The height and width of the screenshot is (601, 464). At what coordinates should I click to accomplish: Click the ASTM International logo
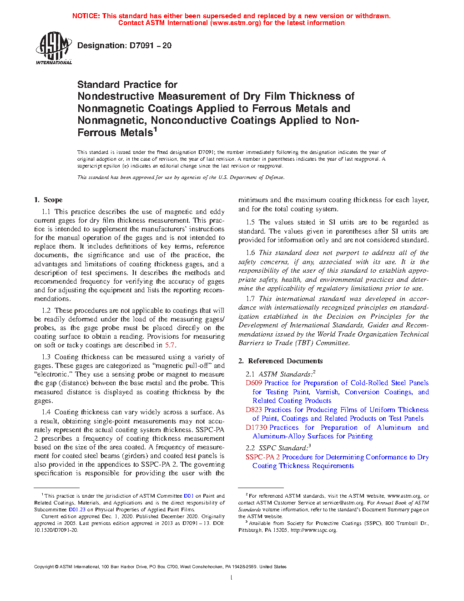(53, 48)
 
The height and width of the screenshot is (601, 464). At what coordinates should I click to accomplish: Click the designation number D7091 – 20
(150, 46)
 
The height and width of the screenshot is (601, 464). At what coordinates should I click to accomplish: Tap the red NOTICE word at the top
(86, 16)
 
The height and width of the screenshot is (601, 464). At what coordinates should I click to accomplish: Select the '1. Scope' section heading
(48, 200)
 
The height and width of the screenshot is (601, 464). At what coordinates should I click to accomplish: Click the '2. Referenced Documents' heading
(281, 361)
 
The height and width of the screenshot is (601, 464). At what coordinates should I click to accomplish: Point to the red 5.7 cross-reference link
(170, 345)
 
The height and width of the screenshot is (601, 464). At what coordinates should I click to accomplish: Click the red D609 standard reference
(254, 383)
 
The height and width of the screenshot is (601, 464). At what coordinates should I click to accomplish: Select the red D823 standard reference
(254, 410)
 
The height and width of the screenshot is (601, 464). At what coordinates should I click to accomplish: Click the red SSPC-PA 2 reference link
(263, 457)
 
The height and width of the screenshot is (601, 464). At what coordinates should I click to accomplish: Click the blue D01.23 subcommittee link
(77, 509)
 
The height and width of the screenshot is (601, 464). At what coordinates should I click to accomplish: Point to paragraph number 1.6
(250, 253)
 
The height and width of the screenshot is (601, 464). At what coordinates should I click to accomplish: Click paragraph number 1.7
(250, 299)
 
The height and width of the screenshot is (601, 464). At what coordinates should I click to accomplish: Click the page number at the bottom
(232, 578)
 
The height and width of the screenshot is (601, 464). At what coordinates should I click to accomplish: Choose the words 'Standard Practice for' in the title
(127, 85)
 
